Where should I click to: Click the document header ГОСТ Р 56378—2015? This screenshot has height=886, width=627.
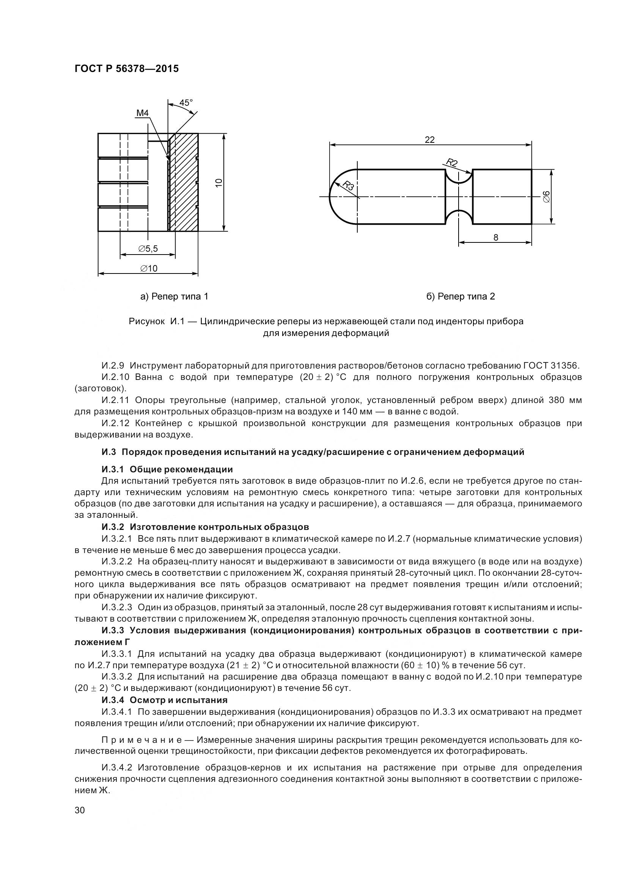click(x=126, y=69)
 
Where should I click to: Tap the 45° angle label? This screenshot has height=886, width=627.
click(x=185, y=103)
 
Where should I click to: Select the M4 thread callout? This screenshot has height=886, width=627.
click(x=142, y=113)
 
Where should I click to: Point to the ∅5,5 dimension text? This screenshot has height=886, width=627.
click(x=148, y=249)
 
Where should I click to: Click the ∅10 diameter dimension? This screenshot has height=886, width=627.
click(x=148, y=268)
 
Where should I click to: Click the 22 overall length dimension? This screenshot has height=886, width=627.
click(x=430, y=140)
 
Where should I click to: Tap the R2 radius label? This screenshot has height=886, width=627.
click(x=452, y=163)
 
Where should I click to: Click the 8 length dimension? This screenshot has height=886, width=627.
click(x=496, y=238)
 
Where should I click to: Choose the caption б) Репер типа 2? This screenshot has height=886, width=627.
click(x=460, y=296)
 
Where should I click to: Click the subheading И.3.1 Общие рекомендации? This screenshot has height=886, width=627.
click(x=167, y=469)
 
